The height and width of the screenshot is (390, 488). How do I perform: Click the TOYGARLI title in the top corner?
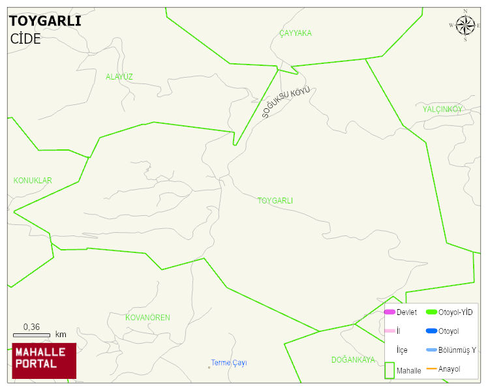click(x=45, y=21)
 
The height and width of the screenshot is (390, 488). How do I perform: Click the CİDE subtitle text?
click(x=25, y=38)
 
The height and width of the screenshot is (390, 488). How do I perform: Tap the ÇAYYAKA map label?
click(x=296, y=33)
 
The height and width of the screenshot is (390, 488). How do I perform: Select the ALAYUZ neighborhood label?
click(x=119, y=77)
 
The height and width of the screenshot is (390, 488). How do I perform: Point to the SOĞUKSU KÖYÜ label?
click(x=286, y=102)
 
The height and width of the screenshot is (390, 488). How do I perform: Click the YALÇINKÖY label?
click(x=442, y=109)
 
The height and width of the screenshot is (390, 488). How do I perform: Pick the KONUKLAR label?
click(x=33, y=181)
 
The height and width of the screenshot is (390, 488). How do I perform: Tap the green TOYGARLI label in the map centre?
click(x=275, y=201)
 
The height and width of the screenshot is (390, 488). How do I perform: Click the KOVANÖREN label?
click(x=148, y=318)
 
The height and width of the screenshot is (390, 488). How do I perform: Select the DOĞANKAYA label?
click(x=353, y=360)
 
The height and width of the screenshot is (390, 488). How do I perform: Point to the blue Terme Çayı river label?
click(x=228, y=363)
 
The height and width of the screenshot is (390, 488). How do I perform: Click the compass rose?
click(x=465, y=25)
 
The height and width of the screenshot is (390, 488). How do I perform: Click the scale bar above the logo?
click(x=31, y=335)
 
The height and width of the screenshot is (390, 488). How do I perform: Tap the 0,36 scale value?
click(x=31, y=327)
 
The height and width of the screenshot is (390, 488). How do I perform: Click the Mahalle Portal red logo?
click(x=44, y=361)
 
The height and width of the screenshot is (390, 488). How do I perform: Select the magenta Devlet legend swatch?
click(x=389, y=312)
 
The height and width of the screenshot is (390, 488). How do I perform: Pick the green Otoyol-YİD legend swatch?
click(x=431, y=312)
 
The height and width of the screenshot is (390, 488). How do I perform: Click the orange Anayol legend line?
click(x=431, y=369)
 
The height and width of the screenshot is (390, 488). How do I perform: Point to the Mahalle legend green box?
click(x=389, y=370)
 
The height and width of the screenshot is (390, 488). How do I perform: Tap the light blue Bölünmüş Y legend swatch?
click(x=431, y=350)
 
